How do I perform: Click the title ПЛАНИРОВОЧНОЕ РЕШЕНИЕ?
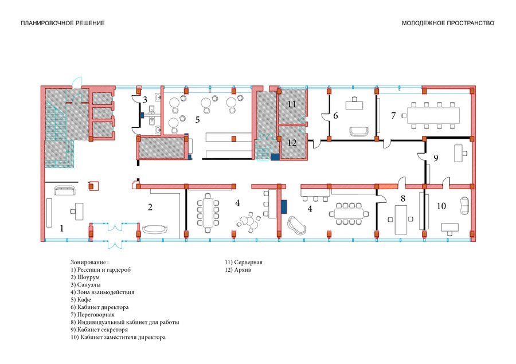click(x=62, y=23)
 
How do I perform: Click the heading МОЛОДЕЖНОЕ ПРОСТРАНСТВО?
click(x=448, y=23)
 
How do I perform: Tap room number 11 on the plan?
click(x=292, y=104)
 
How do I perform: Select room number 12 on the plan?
click(x=292, y=143)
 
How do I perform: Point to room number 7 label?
click(x=393, y=116)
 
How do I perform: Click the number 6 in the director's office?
click(x=335, y=116)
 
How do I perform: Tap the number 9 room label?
click(x=436, y=158)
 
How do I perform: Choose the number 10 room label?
click(x=441, y=206)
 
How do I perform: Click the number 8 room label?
click(x=403, y=198)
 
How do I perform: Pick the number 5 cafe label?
click(x=197, y=120)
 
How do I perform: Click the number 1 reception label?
click(x=61, y=228)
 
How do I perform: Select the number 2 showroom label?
click(x=150, y=207)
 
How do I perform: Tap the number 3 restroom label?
click(x=145, y=100)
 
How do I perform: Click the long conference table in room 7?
click(x=433, y=116)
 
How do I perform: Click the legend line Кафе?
click(x=81, y=300)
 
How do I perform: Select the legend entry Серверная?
click(x=244, y=263)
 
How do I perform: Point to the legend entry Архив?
click(x=238, y=270)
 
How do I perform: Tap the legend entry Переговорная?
click(x=92, y=315)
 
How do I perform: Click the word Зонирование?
click(x=89, y=263)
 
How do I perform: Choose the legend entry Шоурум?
click(x=85, y=277)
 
